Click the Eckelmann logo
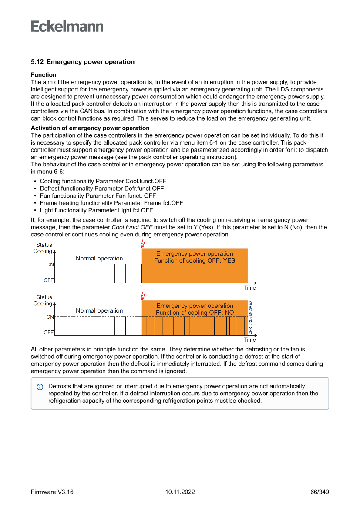pos(67,27)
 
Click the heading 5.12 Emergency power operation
pos(83,62)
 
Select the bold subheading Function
pos(44,75)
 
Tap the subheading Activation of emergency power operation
pos(90,128)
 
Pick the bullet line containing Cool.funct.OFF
pos(103,181)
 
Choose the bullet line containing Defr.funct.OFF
pos(102,189)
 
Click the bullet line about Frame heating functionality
pos(111,203)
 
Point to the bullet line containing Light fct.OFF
pos(96,210)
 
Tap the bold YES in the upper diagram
pos(229,261)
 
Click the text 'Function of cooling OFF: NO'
pos(195,313)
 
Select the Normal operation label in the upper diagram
pos(99,259)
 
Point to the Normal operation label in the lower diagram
pos(99,310)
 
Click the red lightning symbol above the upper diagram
pos(143,243)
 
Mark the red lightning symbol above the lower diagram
pos(143,296)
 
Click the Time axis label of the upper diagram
pos(250,288)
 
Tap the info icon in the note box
pos(40,387)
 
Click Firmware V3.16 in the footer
pos(52,492)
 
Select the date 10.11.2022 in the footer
pos(180,492)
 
